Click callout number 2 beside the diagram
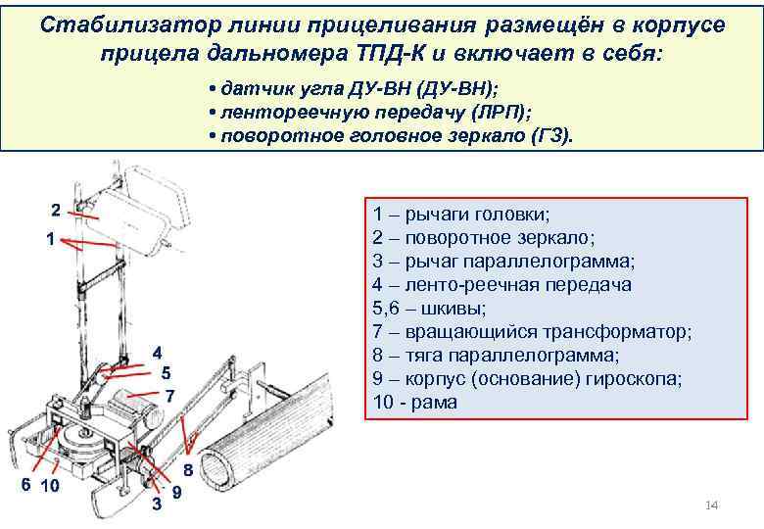coord(56,209)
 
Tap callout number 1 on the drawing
coord(49,238)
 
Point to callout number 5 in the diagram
coord(166,372)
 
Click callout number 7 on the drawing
coord(168,396)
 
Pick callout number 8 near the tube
coord(187,470)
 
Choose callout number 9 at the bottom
coord(176,493)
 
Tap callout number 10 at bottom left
coord(52,486)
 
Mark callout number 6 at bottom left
coord(27,485)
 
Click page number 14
coord(712,505)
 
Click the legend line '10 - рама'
coord(414,403)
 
